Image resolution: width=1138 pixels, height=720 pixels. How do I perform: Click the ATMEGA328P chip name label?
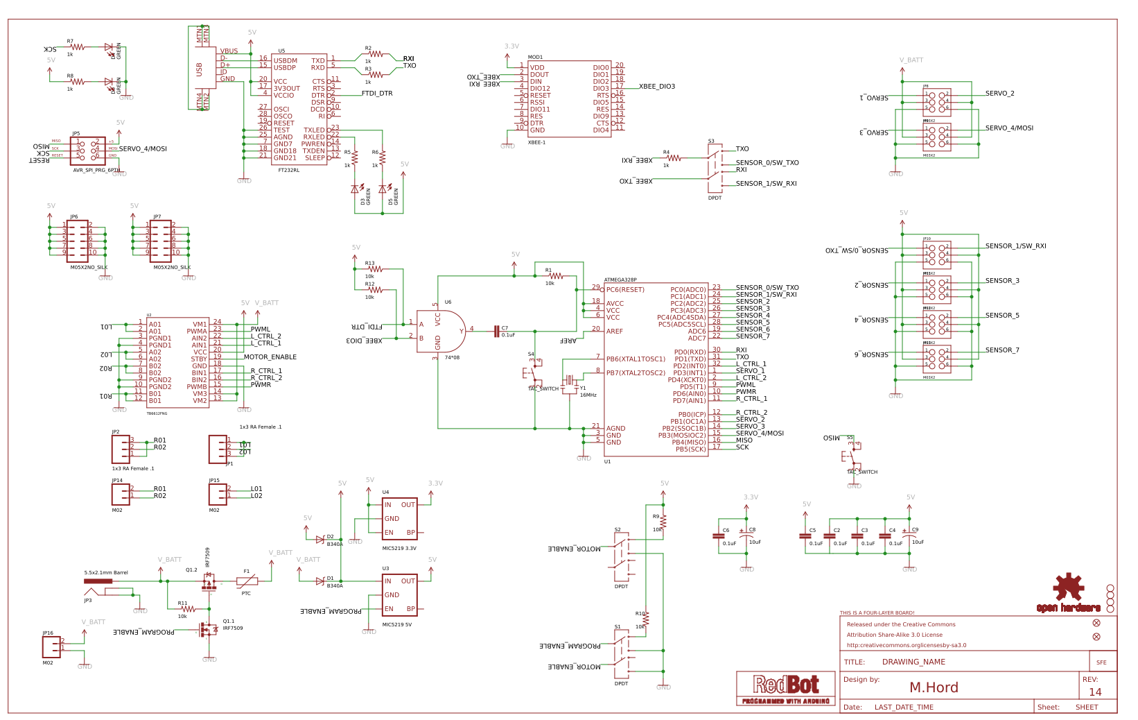(x=620, y=280)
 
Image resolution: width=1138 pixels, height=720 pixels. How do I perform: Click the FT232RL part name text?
(x=288, y=170)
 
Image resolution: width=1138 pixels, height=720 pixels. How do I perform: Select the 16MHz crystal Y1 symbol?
(x=570, y=380)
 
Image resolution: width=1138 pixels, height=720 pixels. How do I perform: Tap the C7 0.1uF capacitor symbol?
(x=496, y=332)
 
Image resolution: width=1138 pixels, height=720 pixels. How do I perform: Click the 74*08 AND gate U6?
(x=441, y=332)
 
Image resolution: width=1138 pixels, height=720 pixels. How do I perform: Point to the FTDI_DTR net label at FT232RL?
(x=377, y=93)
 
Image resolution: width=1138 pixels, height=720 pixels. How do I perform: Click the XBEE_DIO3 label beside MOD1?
(x=656, y=87)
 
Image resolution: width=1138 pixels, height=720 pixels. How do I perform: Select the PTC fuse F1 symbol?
(x=247, y=581)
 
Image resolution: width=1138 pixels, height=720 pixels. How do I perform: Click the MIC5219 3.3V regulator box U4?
(x=399, y=519)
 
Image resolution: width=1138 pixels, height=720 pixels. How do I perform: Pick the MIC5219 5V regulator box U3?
(x=399, y=595)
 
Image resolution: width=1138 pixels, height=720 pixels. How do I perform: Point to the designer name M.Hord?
(x=934, y=687)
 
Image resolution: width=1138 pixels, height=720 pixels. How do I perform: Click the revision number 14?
(x=1095, y=692)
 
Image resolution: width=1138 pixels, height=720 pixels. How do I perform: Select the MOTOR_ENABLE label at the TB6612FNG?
(x=270, y=357)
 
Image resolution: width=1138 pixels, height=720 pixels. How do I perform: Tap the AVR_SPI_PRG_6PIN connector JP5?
(x=88, y=150)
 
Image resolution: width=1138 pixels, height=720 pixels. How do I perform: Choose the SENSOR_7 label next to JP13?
(x=1002, y=350)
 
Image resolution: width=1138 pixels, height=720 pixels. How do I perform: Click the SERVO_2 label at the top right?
(x=999, y=94)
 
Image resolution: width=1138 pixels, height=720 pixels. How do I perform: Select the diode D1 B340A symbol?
(x=320, y=581)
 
